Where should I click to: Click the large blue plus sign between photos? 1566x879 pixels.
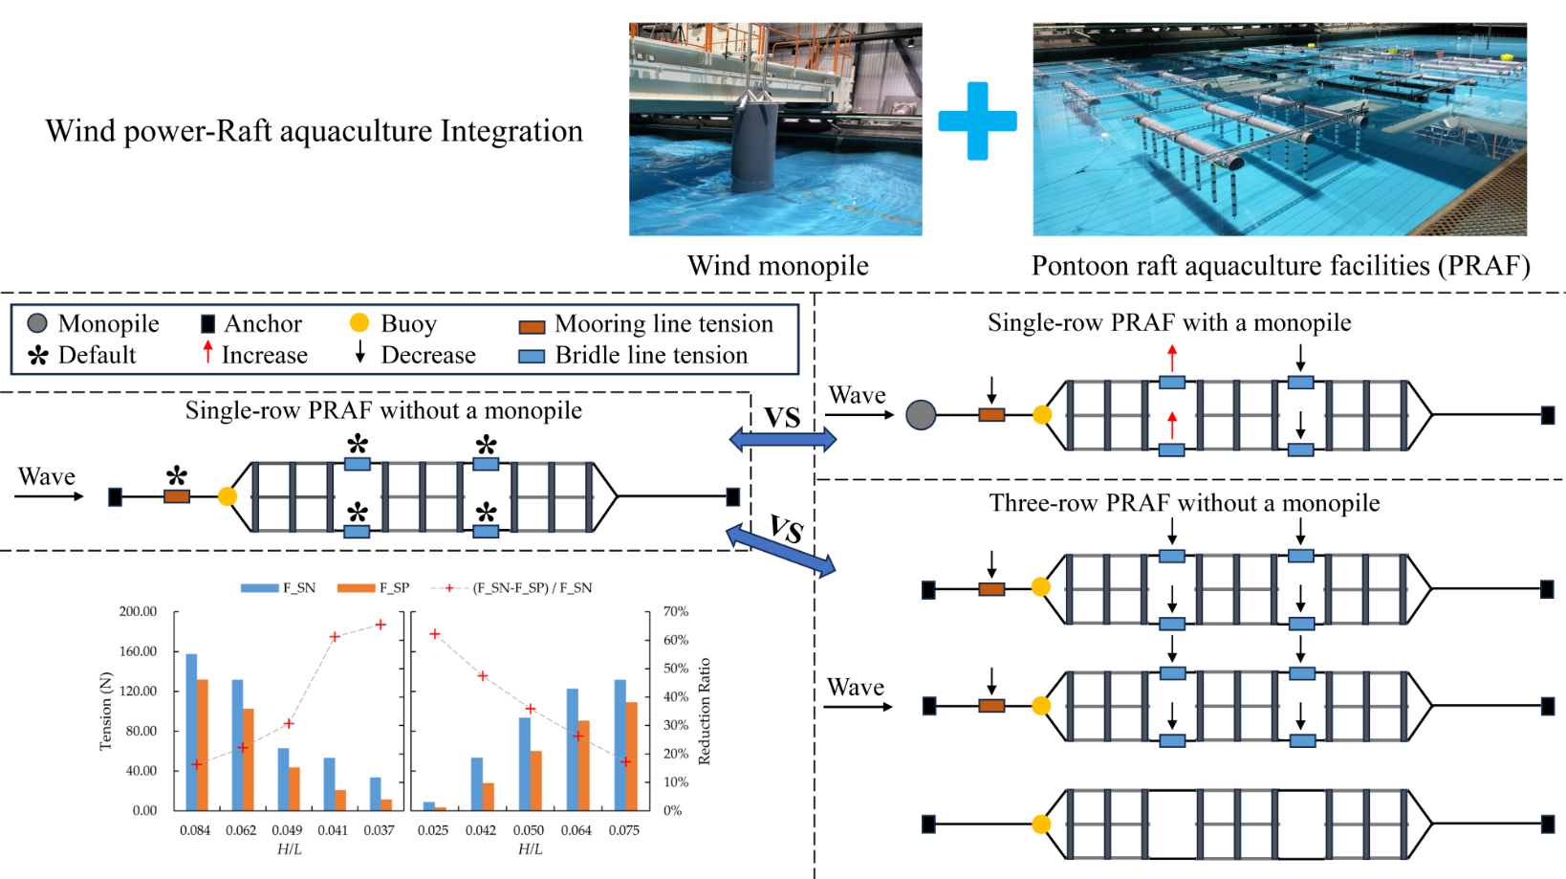click(x=977, y=121)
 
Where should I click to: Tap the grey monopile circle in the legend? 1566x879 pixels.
click(x=37, y=323)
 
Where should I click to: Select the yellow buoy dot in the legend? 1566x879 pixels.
click(x=359, y=322)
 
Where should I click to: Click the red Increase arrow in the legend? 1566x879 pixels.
click(x=207, y=352)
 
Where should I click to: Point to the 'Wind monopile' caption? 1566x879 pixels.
click(x=777, y=265)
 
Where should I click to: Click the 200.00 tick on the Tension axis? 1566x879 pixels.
click(x=138, y=611)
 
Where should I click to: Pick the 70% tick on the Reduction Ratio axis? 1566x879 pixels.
click(x=676, y=611)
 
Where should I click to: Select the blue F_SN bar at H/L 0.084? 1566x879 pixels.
click(x=191, y=732)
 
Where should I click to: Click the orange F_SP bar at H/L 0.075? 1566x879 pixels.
click(x=631, y=756)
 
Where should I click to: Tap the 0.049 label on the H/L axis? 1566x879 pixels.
click(x=287, y=830)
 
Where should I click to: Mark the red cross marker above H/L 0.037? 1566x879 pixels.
click(x=381, y=625)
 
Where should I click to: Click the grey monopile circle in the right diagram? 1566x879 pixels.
click(x=921, y=414)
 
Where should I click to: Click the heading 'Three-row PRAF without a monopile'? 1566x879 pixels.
click(x=1184, y=503)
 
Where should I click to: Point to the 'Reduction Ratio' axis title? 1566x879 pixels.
click(x=705, y=711)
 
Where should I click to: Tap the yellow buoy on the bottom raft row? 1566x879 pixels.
click(x=1041, y=824)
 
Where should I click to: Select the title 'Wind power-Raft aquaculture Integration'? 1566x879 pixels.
click(x=314, y=131)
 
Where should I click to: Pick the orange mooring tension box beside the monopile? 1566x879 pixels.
click(x=991, y=415)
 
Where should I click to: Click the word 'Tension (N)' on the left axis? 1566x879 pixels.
click(x=105, y=711)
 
